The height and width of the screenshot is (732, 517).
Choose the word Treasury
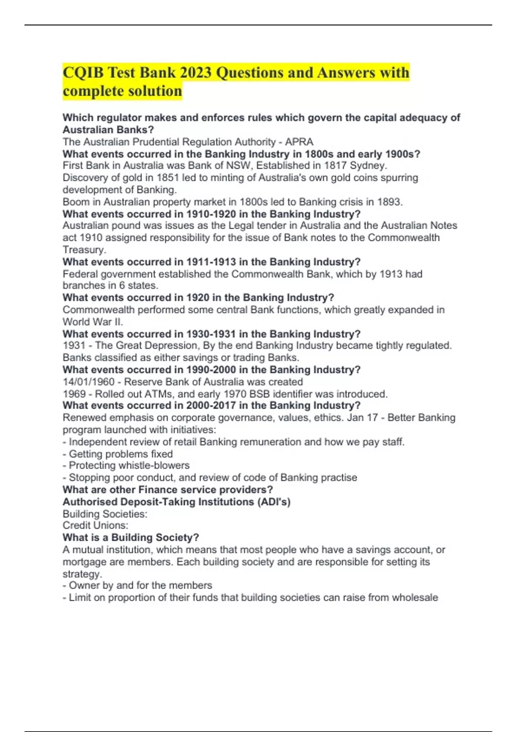84,250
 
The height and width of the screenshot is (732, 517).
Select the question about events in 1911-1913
212,262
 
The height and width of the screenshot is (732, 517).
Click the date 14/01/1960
89,382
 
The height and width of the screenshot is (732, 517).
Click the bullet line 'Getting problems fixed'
121,454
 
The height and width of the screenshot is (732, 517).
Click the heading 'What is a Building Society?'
131,537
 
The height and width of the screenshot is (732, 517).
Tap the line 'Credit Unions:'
95,525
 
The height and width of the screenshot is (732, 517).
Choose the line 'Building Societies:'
105,514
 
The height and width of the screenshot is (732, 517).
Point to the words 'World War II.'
93,322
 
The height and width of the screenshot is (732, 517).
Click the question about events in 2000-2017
212,406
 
